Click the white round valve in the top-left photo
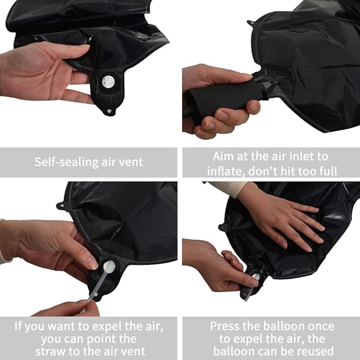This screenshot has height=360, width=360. point(108,82)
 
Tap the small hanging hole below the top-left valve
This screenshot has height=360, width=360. point(109,111)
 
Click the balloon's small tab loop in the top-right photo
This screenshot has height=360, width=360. point(251,23)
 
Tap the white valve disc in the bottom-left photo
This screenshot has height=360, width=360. point(109,267)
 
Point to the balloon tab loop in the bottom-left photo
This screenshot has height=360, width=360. point(61,205)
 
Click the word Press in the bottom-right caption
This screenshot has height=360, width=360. point(224,326)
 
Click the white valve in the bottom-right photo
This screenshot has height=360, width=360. point(255,277)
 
